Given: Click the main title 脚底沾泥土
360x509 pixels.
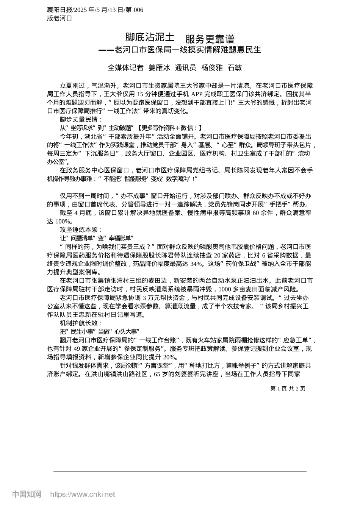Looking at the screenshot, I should [150, 37].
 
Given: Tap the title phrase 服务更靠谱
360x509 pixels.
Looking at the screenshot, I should [210, 39].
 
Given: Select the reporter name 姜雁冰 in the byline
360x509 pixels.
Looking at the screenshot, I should [159, 68].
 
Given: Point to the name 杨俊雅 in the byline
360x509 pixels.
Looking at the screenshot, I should [212, 68].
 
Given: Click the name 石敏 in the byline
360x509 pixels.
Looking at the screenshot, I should [235, 68].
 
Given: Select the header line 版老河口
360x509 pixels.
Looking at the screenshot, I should [59, 18].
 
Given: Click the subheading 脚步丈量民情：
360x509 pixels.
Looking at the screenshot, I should [79, 120].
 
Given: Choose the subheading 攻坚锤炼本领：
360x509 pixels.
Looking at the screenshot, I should [79, 230].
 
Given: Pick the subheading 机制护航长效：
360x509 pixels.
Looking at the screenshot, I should [79, 323].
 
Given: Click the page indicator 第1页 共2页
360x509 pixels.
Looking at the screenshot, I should [288, 389].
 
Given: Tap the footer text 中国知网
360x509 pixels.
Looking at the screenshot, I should [27, 494].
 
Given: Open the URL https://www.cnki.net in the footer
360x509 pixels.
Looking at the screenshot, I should [82, 494].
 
